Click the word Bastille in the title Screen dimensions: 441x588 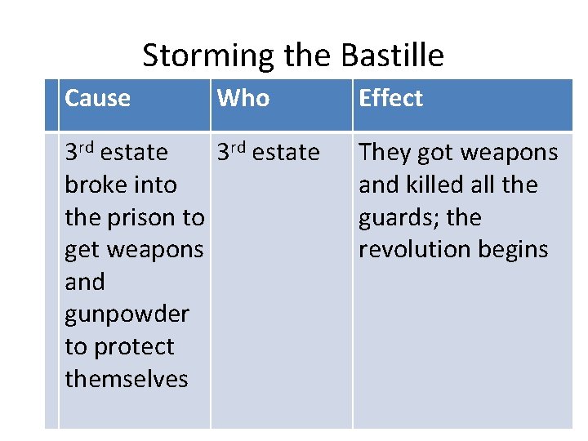[x=392, y=56]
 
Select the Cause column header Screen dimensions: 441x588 [x=97, y=98]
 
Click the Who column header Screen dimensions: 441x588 [x=243, y=98]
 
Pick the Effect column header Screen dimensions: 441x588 [x=390, y=98]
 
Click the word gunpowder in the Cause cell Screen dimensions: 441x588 [x=127, y=314]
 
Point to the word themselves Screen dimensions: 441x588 [x=127, y=379]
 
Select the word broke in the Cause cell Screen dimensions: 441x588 [x=91, y=185]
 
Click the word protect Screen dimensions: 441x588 [x=133, y=346]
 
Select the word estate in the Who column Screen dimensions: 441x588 [x=286, y=153]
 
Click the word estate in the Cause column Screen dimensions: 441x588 [x=134, y=153]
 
